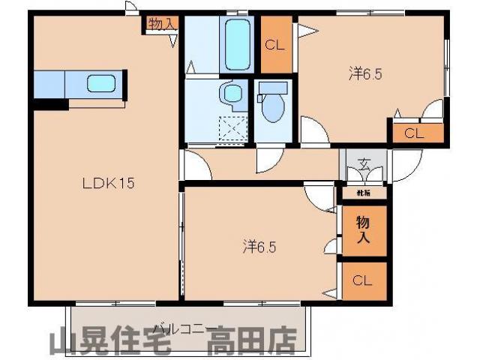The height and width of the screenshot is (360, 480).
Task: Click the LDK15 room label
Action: [108, 182]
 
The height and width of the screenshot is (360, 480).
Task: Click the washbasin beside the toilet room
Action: [232, 94]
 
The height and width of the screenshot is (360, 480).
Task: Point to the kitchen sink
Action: [100, 82]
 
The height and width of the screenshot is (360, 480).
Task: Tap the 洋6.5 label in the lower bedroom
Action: [259, 245]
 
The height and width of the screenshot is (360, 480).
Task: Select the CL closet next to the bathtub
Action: [274, 44]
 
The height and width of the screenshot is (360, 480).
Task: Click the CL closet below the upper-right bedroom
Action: [414, 133]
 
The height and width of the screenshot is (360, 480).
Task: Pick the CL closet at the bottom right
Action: [362, 281]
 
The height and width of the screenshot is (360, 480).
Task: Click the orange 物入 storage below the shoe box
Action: [362, 229]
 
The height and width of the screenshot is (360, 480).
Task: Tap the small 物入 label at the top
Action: [160, 24]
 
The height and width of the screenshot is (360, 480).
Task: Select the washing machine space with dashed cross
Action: [235, 130]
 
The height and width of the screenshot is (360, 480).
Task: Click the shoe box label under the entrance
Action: [362, 193]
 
